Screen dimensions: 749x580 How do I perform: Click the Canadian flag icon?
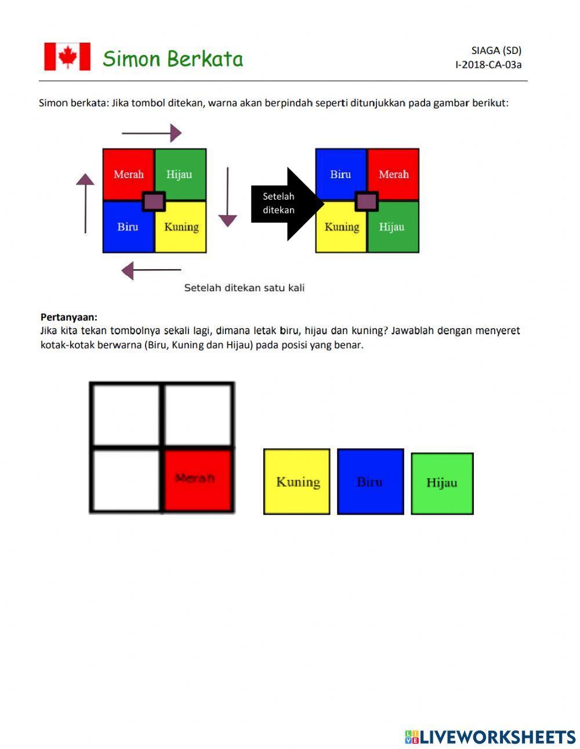click(x=67, y=57)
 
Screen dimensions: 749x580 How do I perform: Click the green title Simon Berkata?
click(x=173, y=59)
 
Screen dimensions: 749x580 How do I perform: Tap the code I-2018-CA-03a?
click(x=488, y=65)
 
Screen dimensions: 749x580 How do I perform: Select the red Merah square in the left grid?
click(x=127, y=173)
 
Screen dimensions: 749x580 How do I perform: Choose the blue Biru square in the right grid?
click(x=340, y=173)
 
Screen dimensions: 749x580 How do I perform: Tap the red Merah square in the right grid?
click(x=394, y=173)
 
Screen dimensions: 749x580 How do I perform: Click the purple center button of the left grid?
click(x=154, y=201)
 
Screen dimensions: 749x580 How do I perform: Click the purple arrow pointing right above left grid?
click(x=151, y=133)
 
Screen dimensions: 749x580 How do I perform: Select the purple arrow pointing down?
click(x=227, y=197)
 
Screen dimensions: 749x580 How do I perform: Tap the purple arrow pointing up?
click(x=85, y=203)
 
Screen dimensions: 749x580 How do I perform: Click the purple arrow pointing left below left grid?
click(x=151, y=270)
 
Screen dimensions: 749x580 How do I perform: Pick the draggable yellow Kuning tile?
click(x=297, y=482)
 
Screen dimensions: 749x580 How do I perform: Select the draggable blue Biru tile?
click(x=370, y=482)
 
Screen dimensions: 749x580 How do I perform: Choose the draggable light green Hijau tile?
click(x=442, y=483)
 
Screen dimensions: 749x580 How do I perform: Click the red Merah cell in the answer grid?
click(x=197, y=479)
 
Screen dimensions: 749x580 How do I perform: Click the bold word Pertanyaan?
click(x=69, y=317)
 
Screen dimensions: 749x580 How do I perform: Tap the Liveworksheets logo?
click(x=490, y=737)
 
